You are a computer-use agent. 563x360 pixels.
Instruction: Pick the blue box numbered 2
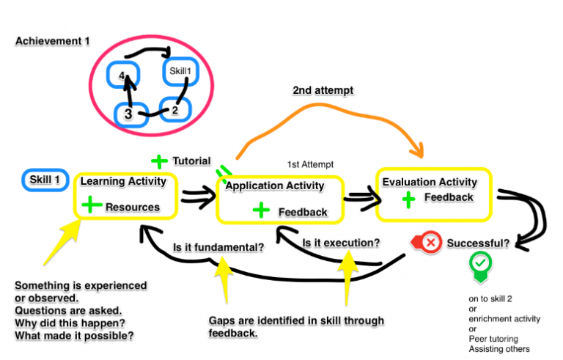tap(174, 111)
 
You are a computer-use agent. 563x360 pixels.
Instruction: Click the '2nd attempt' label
tap(323, 90)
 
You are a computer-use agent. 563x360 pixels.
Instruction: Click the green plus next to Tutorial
tap(159, 161)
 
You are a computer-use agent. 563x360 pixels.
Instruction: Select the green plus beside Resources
tap(91, 205)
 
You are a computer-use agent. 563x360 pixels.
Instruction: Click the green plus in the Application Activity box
tap(260, 210)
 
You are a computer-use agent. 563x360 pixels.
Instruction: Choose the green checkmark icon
tap(479, 263)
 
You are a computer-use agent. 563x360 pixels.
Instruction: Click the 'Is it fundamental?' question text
tap(218, 247)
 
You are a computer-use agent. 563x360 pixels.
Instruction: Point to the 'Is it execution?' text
tap(341, 242)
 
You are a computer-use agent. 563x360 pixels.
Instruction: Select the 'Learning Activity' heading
tap(123, 181)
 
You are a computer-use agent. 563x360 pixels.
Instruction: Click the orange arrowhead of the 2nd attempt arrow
tap(421, 153)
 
